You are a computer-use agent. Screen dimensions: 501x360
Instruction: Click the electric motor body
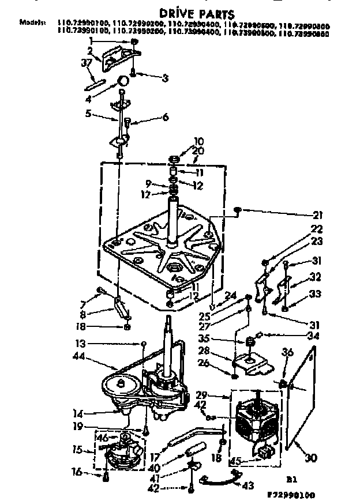(x=253, y=424)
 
